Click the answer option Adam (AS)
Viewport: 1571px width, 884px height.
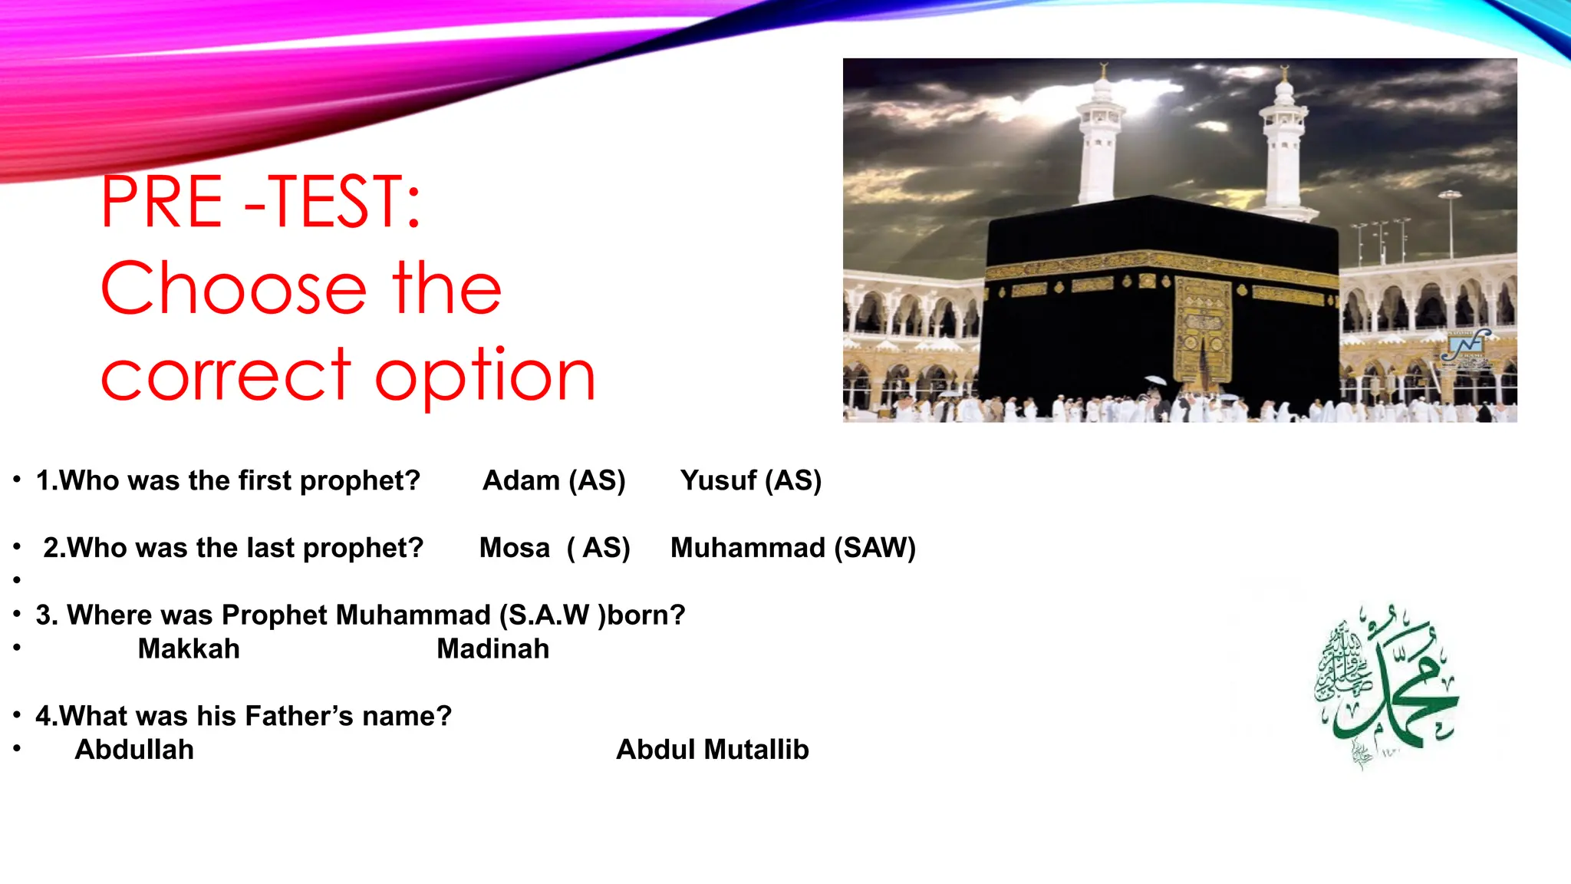pos(554,481)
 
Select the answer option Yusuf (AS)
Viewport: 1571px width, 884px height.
pos(750,481)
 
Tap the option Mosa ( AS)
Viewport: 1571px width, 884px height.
pos(555,548)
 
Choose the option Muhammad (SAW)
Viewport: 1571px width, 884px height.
pos(792,548)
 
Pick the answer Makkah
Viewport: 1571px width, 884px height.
pos(189,649)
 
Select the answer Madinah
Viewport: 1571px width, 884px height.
pos(492,649)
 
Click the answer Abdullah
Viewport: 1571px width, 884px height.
pos(134,750)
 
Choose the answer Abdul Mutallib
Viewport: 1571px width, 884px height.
pos(712,750)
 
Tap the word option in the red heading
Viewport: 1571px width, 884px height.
pos(485,376)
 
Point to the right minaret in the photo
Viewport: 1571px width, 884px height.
pos(1283,142)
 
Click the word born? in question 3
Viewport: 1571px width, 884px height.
pos(646,615)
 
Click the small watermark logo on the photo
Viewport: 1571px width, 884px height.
pos(1466,347)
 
